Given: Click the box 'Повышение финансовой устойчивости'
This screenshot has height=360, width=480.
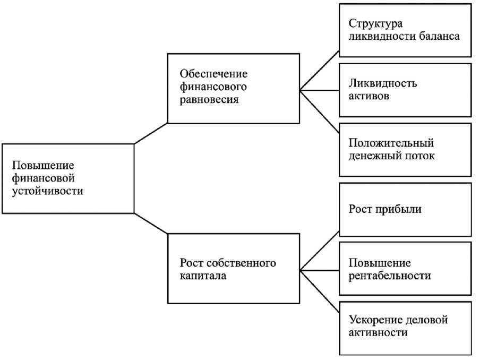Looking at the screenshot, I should (67, 178).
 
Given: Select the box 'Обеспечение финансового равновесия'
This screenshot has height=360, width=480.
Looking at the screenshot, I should (233, 88).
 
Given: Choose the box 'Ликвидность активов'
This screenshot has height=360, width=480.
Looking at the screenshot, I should (405, 90).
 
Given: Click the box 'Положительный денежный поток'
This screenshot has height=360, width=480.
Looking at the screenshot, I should (405, 150).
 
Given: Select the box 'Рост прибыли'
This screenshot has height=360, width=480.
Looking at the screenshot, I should (405, 209).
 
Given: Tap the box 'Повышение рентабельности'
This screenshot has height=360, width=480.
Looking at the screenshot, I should (405, 269).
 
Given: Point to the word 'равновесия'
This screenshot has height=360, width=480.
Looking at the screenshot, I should (208, 99).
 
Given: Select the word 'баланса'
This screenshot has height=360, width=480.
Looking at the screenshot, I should (440, 37).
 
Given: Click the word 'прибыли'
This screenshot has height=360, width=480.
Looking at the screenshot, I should (400, 209).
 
